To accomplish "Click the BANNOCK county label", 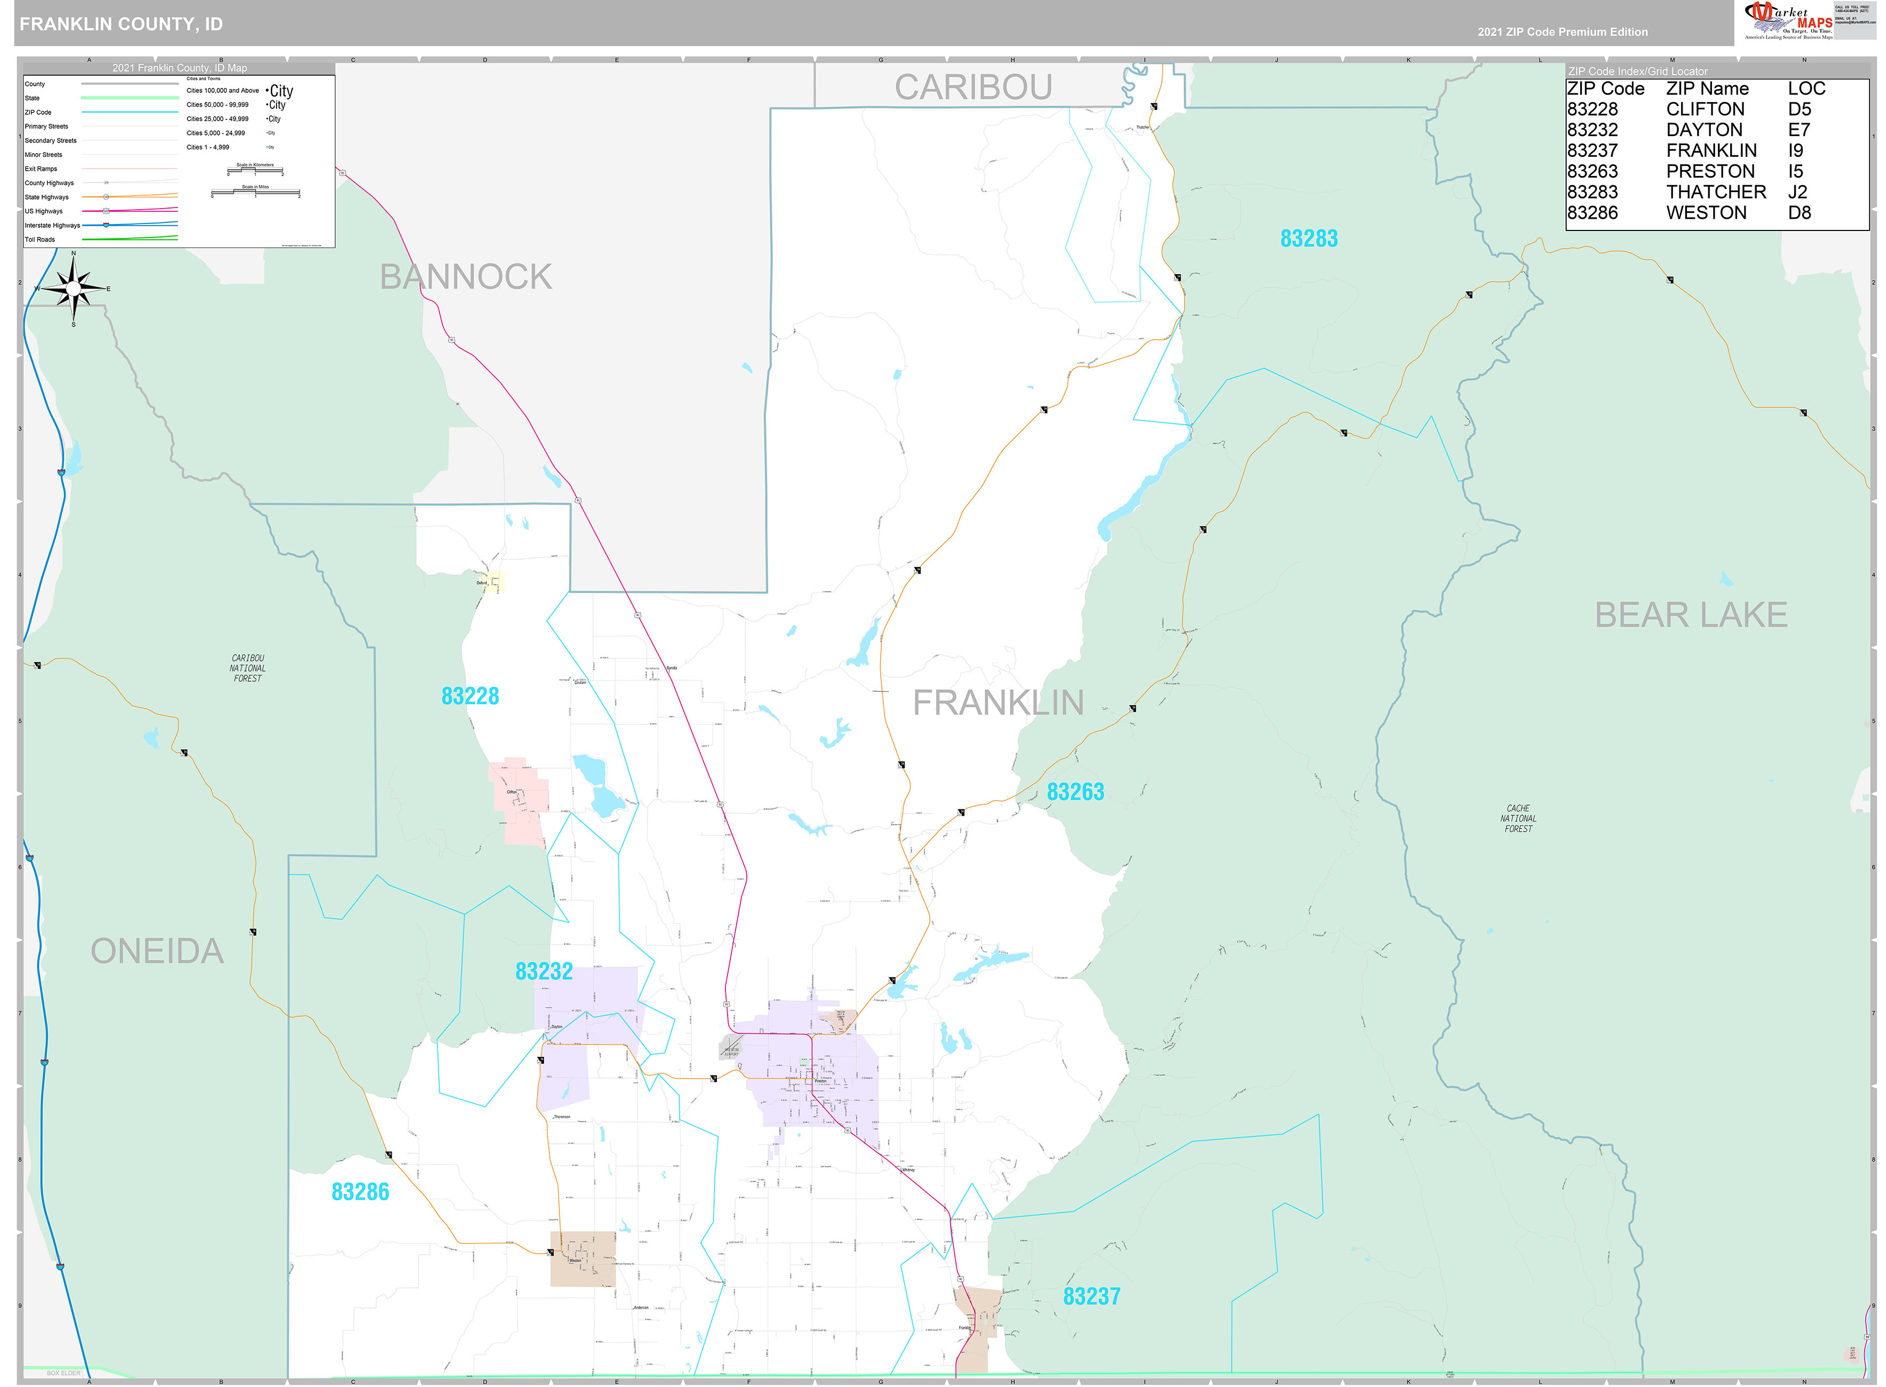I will [x=465, y=277].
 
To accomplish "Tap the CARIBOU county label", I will [x=973, y=87].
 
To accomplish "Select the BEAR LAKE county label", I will [x=1690, y=616].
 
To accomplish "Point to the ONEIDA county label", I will [x=157, y=951].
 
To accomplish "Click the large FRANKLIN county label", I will [x=998, y=703].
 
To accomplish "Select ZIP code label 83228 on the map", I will [x=470, y=696].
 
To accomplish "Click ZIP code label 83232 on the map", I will [x=543, y=971].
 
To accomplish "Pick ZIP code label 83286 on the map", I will [x=360, y=1192].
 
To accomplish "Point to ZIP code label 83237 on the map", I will [x=1091, y=1296].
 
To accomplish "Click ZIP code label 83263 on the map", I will [x=1075, y=792].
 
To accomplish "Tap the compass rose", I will [x=74, y=288].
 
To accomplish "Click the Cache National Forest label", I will [x=1517, y=819].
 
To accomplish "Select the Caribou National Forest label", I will [x=247, y=668].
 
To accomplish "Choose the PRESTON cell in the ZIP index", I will [x=1710, y=171].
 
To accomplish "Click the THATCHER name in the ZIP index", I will [x=1716, y=192].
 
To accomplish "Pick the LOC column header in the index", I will [x=1806, y=89].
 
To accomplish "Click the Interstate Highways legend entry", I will [x=52, y=226].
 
